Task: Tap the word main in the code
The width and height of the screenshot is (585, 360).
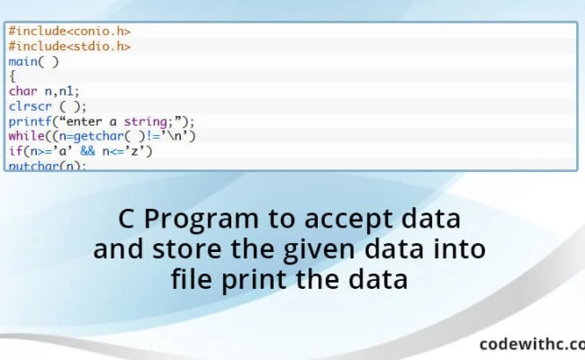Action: coord(23,61)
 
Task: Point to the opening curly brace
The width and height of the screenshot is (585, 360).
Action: coord(13,76)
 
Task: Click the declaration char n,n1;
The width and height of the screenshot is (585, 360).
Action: coord(44,91)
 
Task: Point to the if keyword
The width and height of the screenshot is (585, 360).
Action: coord(15,150)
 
